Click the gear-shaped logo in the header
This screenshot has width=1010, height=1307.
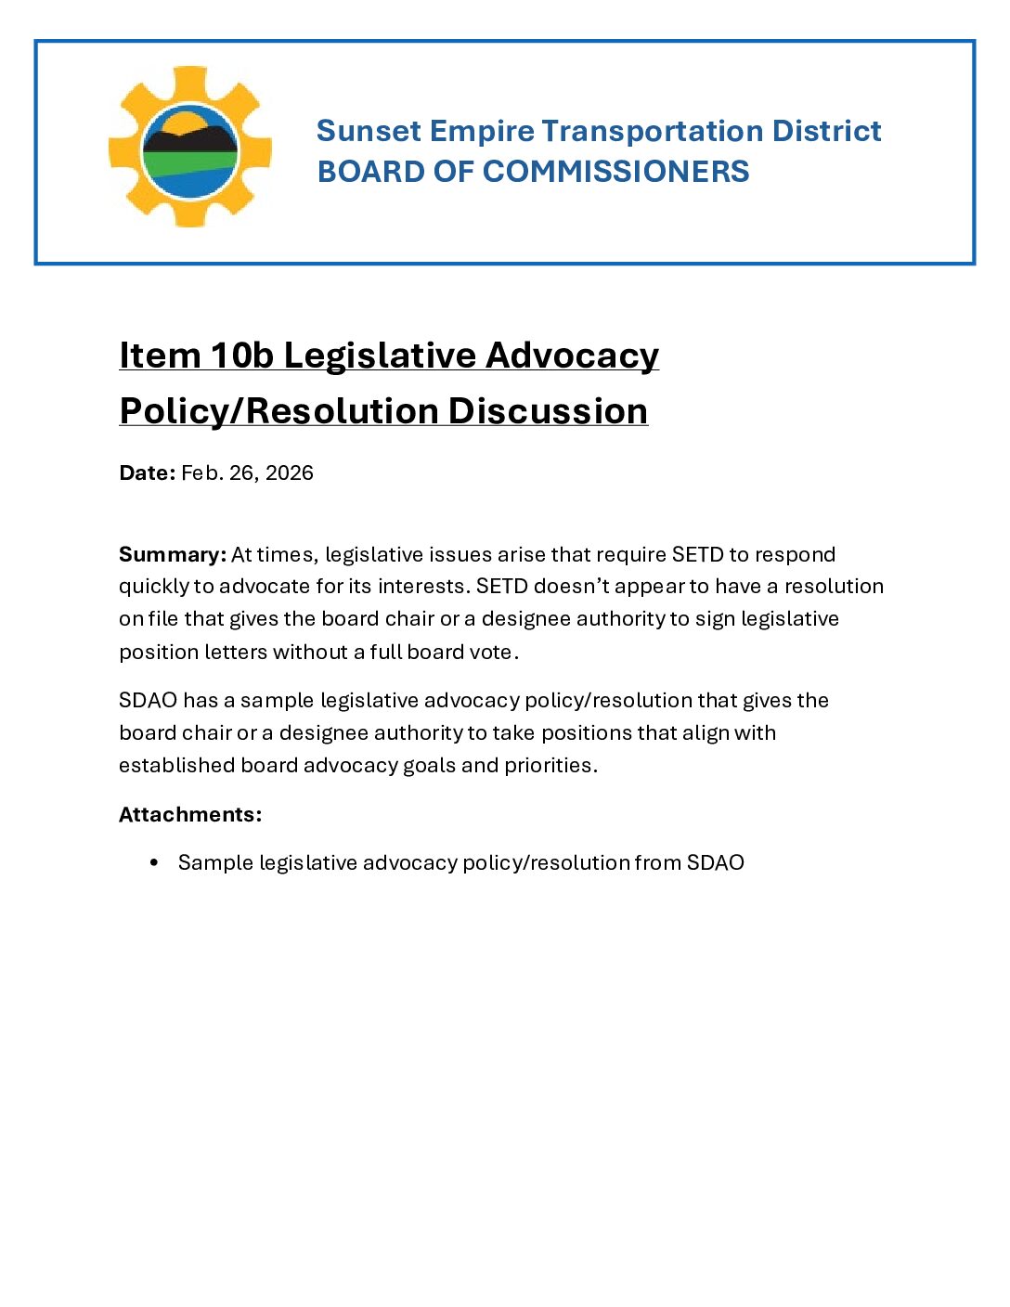pos(190,147)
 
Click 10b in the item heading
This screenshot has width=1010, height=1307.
pos(241,356)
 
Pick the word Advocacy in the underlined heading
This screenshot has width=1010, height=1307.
pos(572,356)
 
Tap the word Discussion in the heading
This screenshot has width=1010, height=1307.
pos(548,411)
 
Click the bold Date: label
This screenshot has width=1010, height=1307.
pos(147,472)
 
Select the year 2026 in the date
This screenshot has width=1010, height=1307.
pos(290,472)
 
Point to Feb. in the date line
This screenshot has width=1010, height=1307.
pos(201,472)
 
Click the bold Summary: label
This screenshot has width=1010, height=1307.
pos(173,554)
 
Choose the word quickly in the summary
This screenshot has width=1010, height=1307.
pos(154,587)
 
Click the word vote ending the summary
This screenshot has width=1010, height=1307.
pos(491,652)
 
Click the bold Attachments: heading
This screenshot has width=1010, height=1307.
pos(190,814)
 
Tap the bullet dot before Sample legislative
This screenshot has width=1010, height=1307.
pos(154,862)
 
